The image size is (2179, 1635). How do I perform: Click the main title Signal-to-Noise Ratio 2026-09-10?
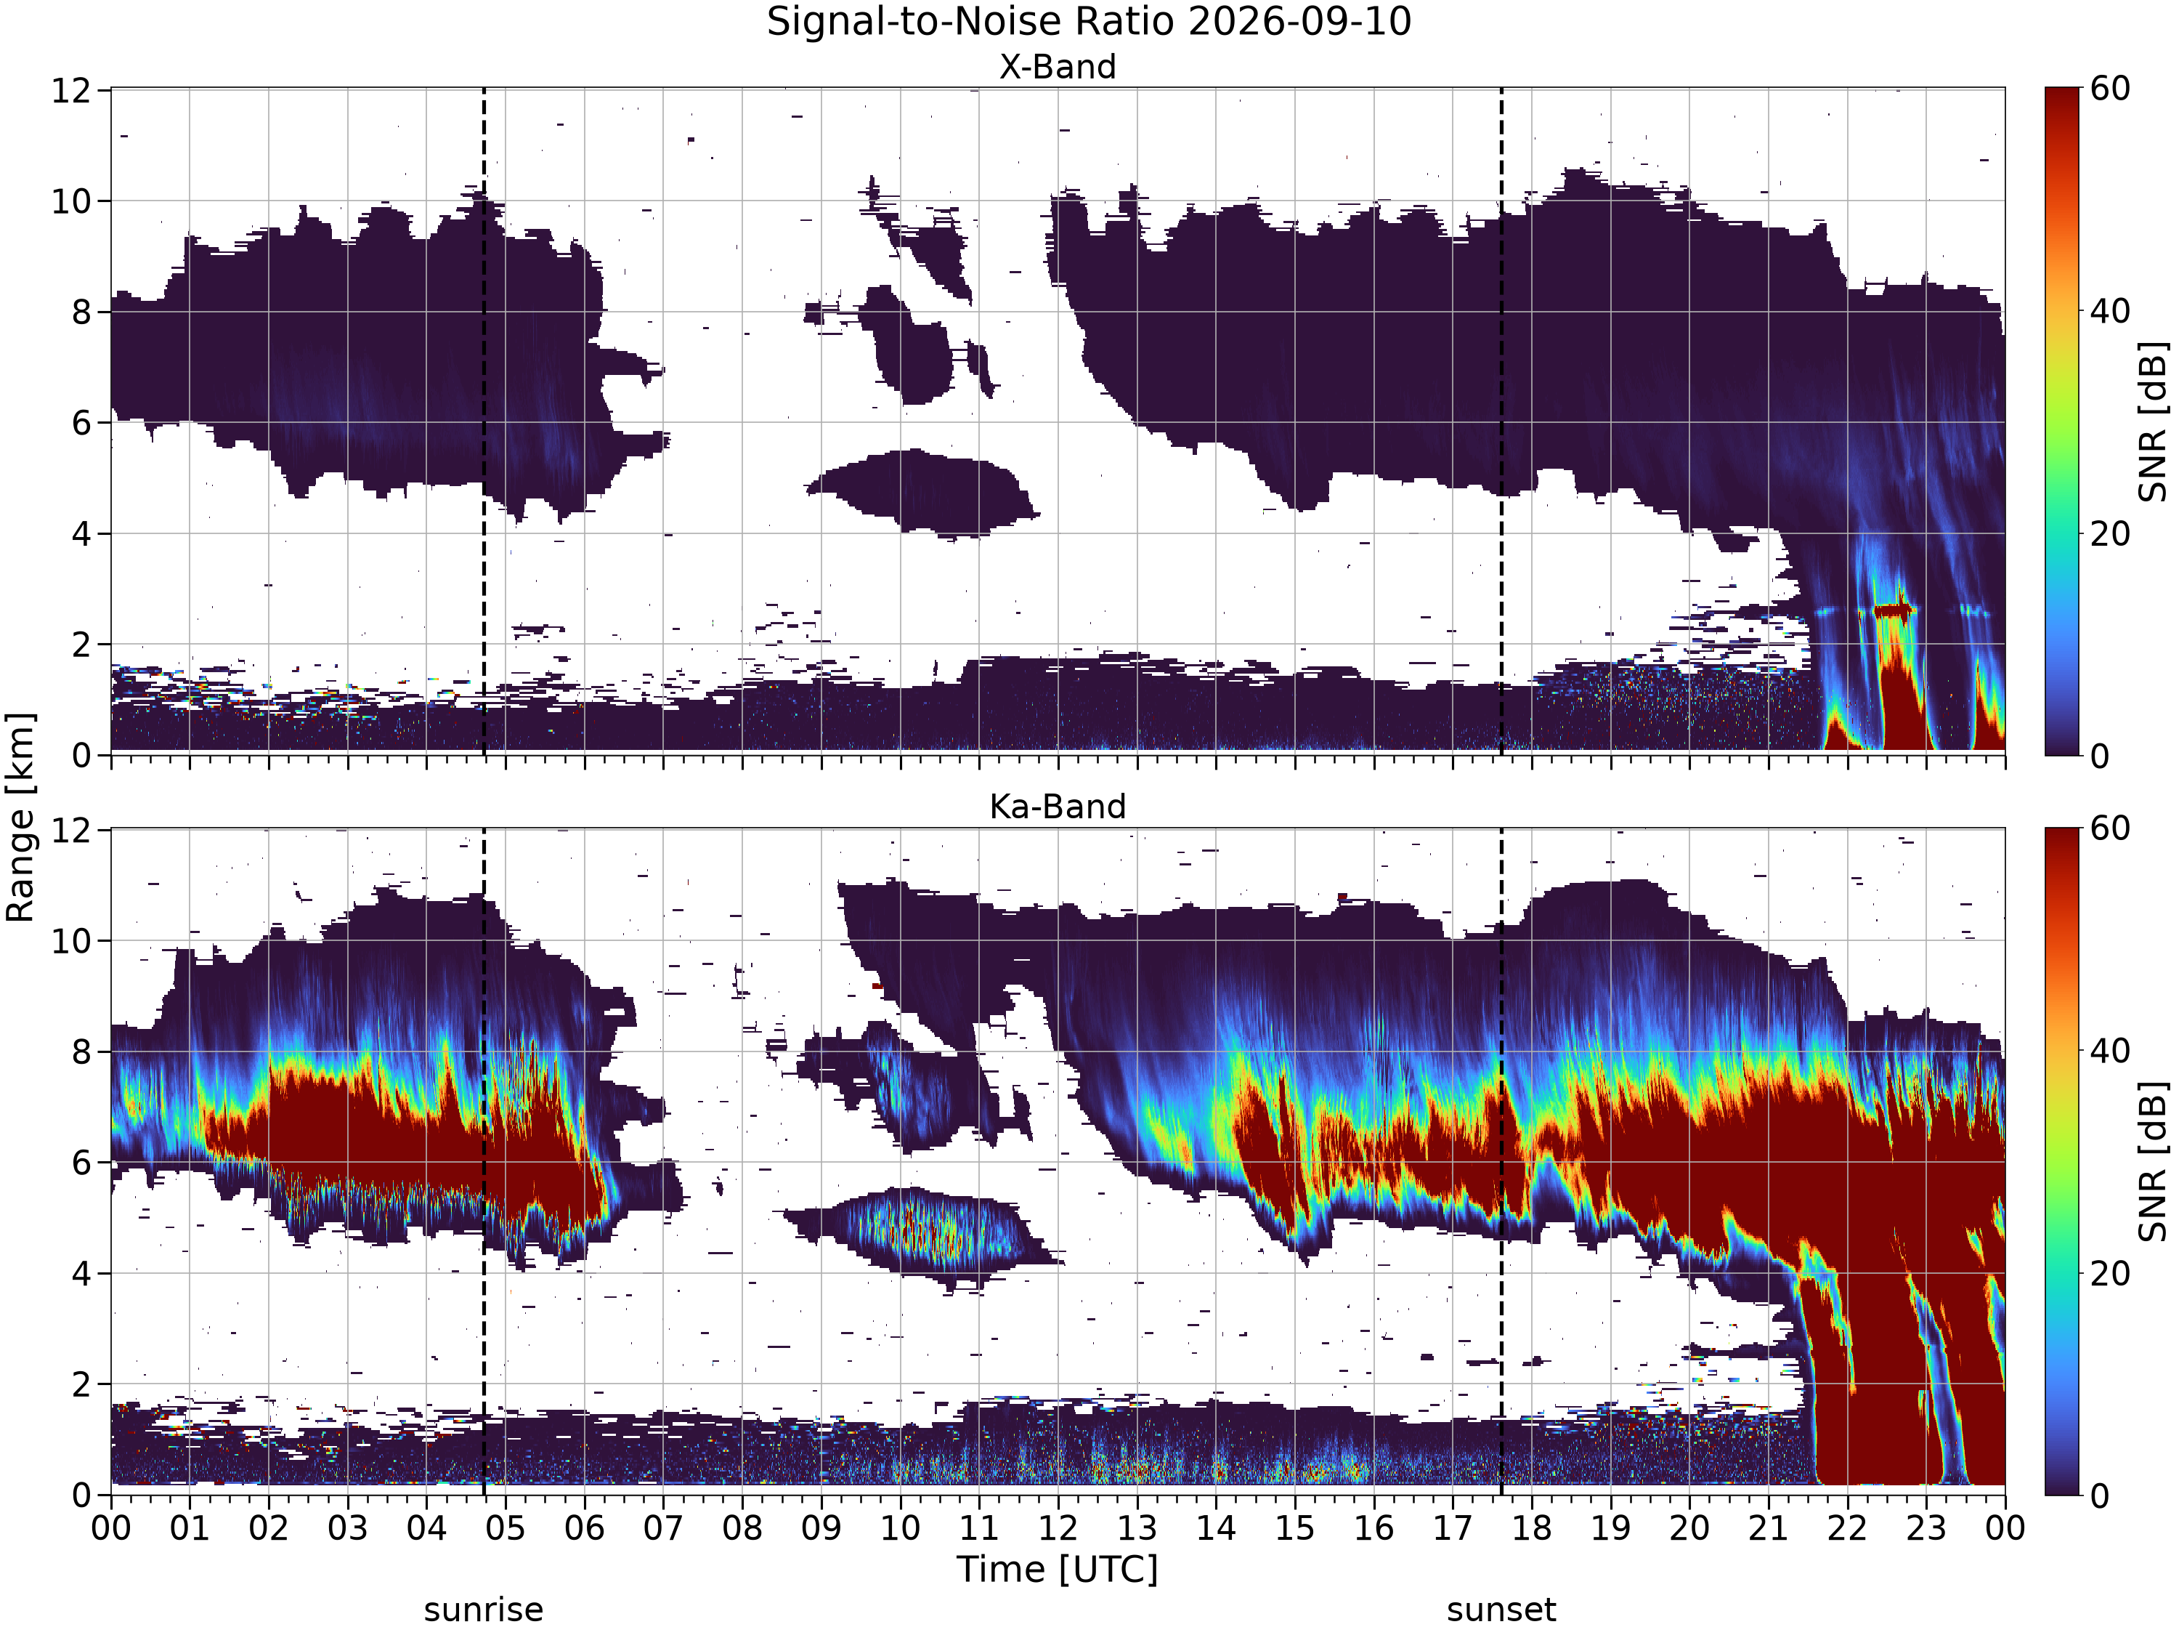pyautogui.click(x=1089, y=22)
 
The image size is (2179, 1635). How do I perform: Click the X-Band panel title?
pyautogui.click(x=1058, y=67)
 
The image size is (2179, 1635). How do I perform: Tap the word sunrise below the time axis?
pyautogui.click(x=484, y=1610)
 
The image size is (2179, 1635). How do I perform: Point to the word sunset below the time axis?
pyautogui.click(x=1501, y=1610)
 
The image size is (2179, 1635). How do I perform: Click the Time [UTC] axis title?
pyautogui.click(x=1058, y=1569)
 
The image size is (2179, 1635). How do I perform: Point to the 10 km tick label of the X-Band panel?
pyautogui.click(x=72, y=202)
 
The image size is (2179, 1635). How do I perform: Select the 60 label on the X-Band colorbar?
pyautogui.click(x=2110, y=89)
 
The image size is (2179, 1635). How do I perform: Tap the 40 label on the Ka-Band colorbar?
pyautogui.click(x=2110, y=1051)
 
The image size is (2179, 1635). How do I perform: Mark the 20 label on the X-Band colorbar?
pyautogui.click(x=2110, y=534)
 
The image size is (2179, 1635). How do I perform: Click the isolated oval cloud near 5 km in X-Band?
pyautogui.click(x=921, y=492)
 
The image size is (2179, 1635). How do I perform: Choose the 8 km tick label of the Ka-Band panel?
pyautogui.click(x=84, y=1052)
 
